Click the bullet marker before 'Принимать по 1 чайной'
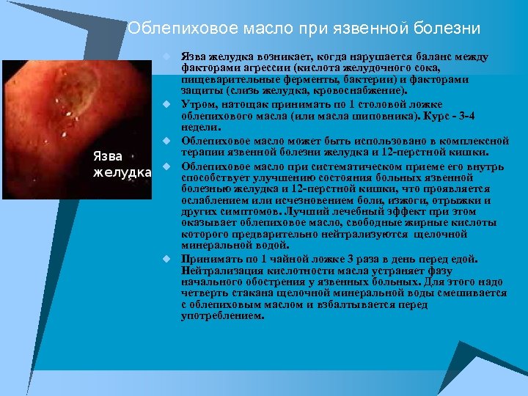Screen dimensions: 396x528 coord(166,258)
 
